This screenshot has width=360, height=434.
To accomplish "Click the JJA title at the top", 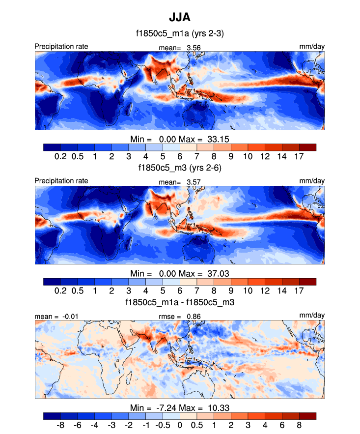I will point(180,18).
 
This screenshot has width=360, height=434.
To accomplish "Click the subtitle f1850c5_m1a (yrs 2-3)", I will point(180,34).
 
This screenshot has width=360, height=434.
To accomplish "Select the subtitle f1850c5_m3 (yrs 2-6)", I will point(180,168).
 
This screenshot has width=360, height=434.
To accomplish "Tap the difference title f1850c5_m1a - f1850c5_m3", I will point(180,302).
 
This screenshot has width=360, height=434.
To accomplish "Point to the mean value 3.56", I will point(193,47).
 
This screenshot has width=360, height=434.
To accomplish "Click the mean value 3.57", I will point(193,181).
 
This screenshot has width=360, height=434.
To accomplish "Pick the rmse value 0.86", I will point(193,316).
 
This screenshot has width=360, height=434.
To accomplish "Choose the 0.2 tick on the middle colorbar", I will point(60,290).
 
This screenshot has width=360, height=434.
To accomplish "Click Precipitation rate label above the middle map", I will point(61,181).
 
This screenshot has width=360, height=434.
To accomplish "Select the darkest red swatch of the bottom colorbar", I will point(307,416).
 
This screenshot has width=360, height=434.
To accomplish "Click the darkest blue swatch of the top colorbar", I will point(52,147).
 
